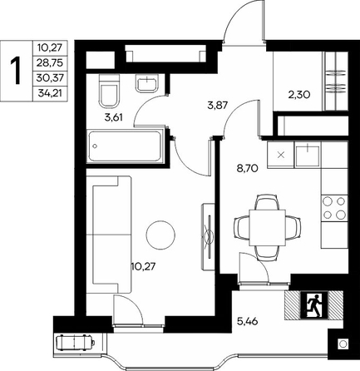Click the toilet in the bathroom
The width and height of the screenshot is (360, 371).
(109, 91)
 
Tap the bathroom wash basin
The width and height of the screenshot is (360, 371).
(147, 82)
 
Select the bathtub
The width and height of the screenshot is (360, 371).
(124, 146)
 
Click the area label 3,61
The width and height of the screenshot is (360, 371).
(113, 118)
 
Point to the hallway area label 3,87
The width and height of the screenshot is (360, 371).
(217, 105)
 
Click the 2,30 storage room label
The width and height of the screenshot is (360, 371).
(299, 95)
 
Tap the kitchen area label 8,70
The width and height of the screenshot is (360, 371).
(248, 168)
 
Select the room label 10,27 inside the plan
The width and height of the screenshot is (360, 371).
(143, 266)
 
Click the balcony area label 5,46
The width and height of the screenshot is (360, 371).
(248, 322)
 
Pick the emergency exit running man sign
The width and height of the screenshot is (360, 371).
(314, 304)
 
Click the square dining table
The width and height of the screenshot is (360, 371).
(268, 228)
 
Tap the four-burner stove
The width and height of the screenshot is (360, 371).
(334, 208)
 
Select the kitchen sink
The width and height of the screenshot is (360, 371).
(308, 156)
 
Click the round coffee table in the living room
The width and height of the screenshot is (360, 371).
(160, 235)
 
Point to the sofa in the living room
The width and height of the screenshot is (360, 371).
(109, 235)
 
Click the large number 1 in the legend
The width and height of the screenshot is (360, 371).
(16, 71)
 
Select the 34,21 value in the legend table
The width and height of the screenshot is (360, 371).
(50, 93)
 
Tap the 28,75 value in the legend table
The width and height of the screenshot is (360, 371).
(50, 63)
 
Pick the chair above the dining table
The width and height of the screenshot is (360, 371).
(267, 201)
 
